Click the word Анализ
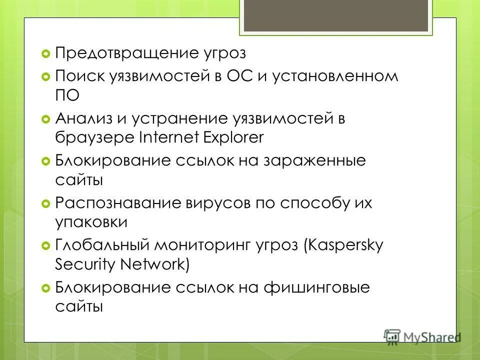click(82, 119)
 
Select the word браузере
click(92, 137)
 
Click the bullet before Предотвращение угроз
click(45, 53)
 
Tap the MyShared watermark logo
click(422, 336)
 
